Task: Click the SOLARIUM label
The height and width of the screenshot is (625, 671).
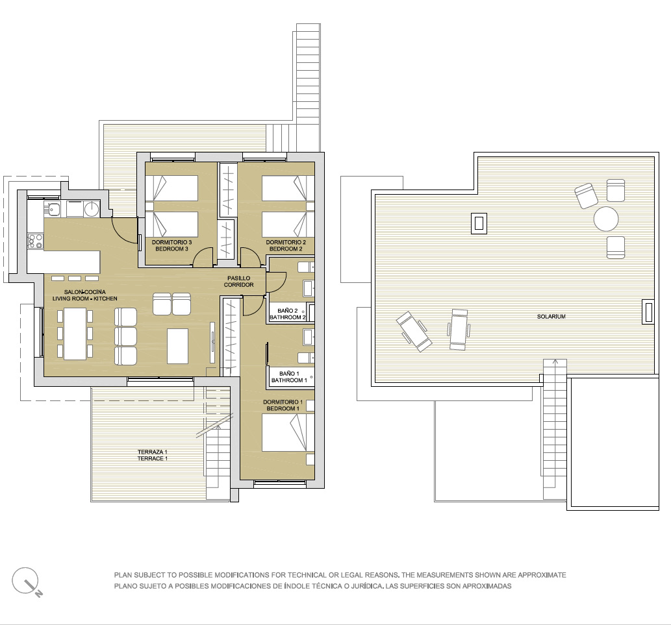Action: [x=551, y=316]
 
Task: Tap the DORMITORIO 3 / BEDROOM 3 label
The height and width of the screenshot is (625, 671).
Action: [x=171, y=245]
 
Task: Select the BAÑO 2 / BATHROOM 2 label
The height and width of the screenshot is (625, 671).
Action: [x=288, y=314]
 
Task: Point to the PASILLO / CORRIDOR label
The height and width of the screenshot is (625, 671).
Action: [x=239, y=281]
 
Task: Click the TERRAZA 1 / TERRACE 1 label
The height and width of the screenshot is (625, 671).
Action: [x=153, y=455]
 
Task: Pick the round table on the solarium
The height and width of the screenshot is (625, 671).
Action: [x=606, y=219]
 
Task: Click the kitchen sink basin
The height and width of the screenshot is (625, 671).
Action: [x=53, y=210]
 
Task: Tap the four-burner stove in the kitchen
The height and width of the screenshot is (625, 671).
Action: [x=35, y=241]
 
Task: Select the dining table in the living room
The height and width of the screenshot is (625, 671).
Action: [x=75, y=334]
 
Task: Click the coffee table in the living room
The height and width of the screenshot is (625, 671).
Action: [x=177, y=346]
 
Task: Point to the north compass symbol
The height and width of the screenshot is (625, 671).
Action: [x=27, y=582]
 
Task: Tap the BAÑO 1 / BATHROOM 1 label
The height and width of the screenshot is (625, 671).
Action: [x=289, y=377]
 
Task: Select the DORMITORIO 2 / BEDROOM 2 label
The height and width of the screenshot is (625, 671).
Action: [x=286, y=245]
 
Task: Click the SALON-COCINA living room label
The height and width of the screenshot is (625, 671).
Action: [x=84, y=295]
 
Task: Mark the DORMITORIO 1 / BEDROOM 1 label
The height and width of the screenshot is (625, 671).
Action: [x=283, y=405]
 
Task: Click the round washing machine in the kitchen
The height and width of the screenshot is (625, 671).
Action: [x=92, y=210]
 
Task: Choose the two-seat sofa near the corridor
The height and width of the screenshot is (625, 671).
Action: [x=171, y=304]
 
